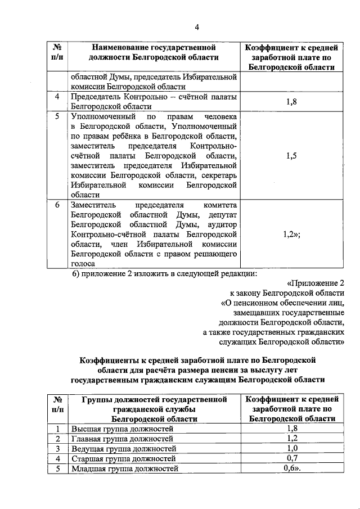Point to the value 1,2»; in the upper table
click(291, 235)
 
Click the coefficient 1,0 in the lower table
click(291, 449)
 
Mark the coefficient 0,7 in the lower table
click(291, 458)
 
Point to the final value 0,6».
click(292, 468)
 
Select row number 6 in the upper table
click(57, 205)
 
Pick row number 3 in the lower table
click(57, 449)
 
